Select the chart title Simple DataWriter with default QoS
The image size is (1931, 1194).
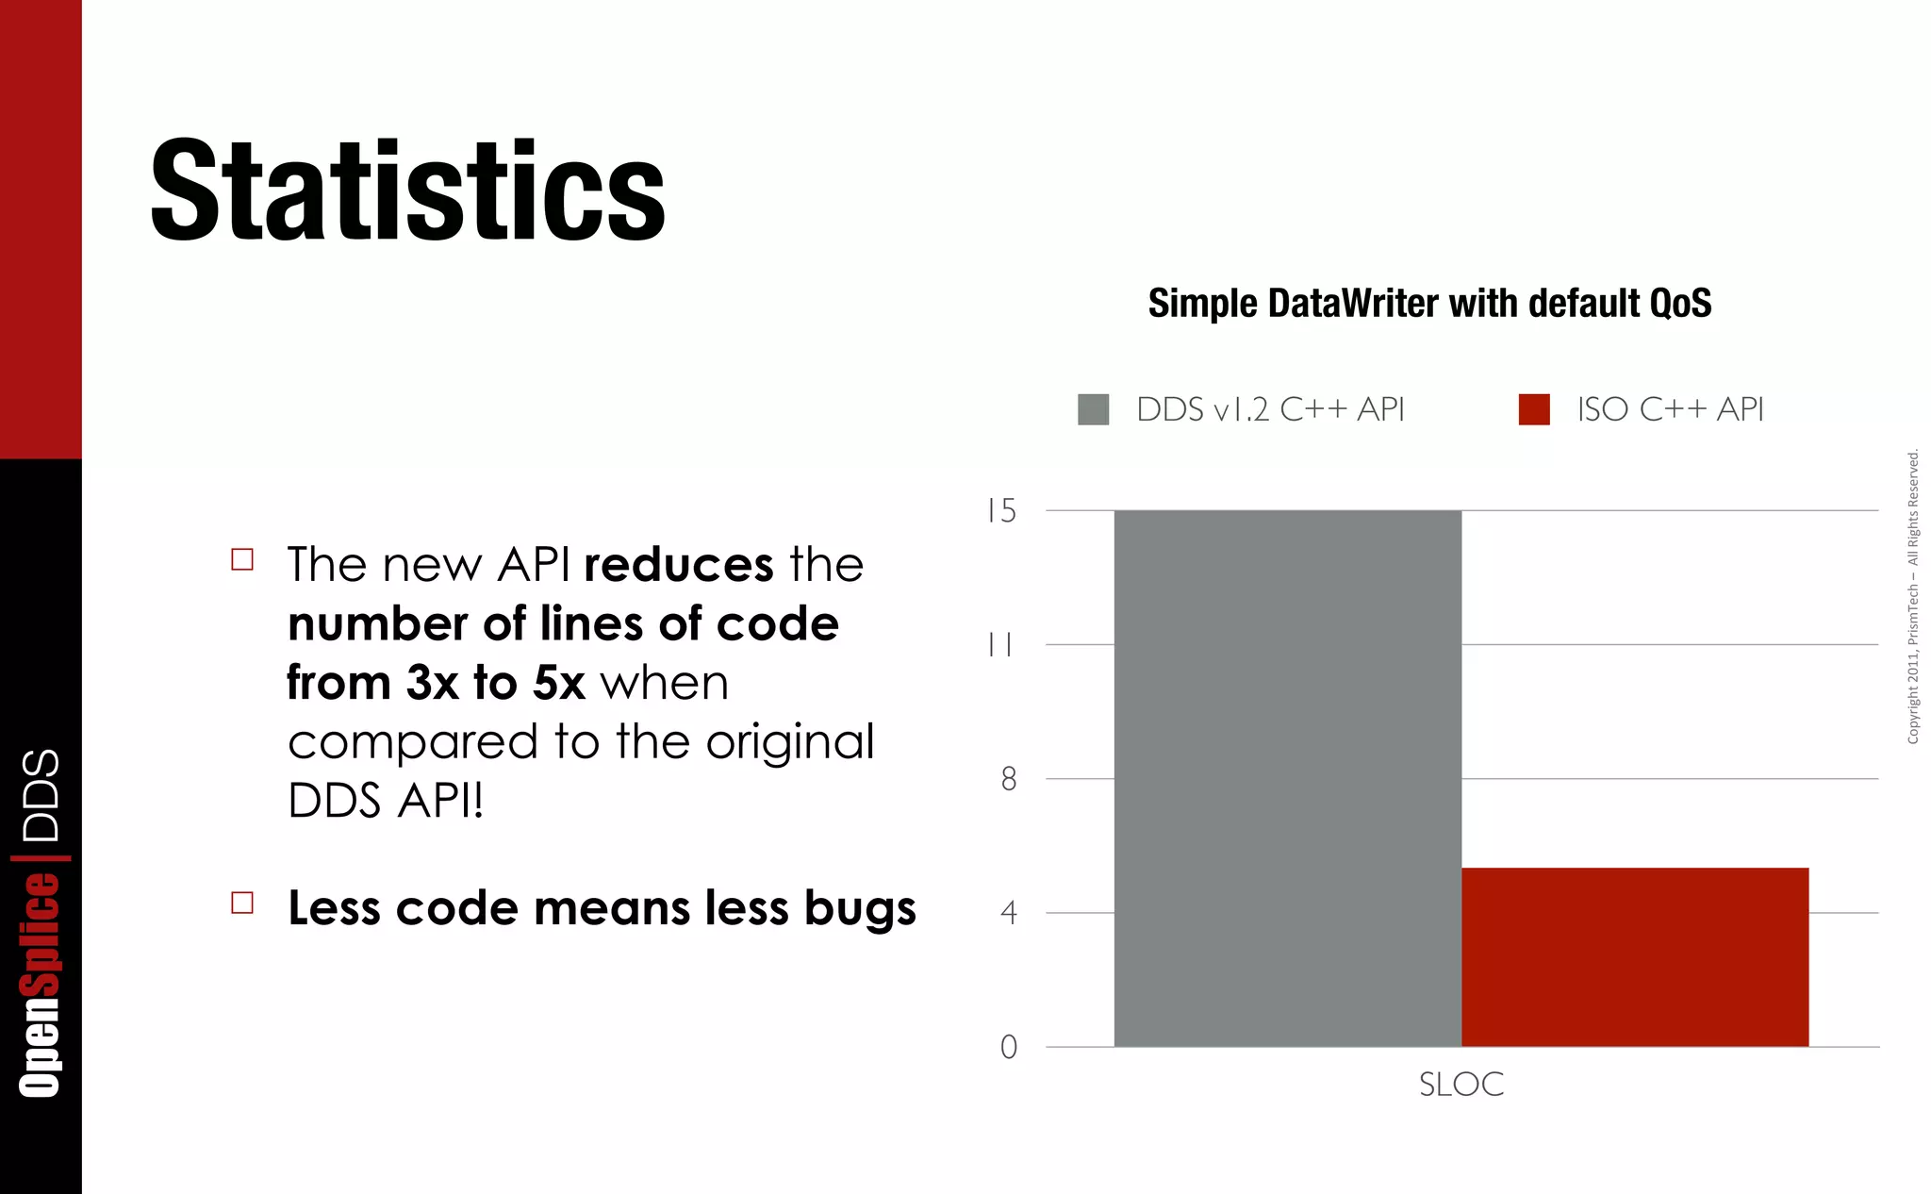[1429, 304]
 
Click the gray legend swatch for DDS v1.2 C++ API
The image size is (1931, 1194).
[1093, 409]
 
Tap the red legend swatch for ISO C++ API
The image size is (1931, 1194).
[1534, 409]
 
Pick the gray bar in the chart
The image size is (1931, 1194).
[1287, 778]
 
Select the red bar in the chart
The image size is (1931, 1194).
[1634, 956]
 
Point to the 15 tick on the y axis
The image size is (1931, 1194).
[1002, 511]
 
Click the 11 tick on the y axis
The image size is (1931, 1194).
[1000, 645]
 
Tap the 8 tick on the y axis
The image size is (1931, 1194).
[1009, 779]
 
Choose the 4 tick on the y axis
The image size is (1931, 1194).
[1009, 913]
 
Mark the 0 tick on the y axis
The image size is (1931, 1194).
[1009, 1047]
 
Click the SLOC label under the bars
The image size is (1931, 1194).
[1461, 1085]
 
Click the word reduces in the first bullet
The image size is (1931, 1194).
[679, 565]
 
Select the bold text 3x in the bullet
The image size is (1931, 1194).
[432, 683]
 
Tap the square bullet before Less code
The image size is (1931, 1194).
[242, 903]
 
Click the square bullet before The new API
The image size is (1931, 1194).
[242, 559]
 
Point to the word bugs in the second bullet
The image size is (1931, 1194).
[860, 909]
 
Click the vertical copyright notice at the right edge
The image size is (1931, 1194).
[1913, 597]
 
